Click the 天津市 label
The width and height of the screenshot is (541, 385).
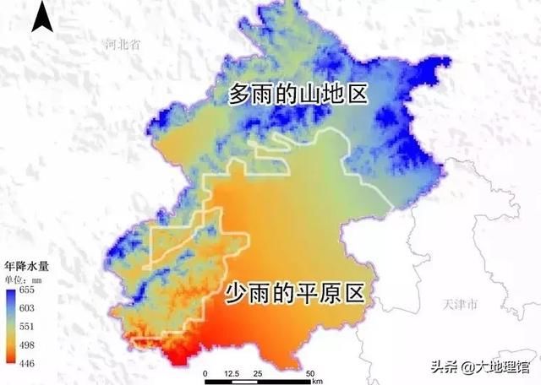pyautogui.click(x=462, y=303)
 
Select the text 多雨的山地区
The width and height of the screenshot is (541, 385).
pyautogui.click(x=299, y=95)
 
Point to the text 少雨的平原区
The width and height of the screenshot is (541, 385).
pyautogui.click(x=294, y=293)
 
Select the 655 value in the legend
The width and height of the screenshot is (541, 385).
pyautogui.click(x=27, y=289)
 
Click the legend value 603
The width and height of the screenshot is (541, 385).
pyautogui.click(x=27, y=306)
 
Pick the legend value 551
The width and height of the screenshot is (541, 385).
pyautogui.click(x=27, y=325)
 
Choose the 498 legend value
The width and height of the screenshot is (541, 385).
pyautogui.click(x=27, y=344)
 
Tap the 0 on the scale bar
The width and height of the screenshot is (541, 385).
pyautogui.click(x=205, y=371)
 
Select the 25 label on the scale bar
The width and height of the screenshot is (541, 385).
pyautogui.click(x=259, y=371)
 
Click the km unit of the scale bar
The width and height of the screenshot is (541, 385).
pyautogui.click(x=316, y=381)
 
